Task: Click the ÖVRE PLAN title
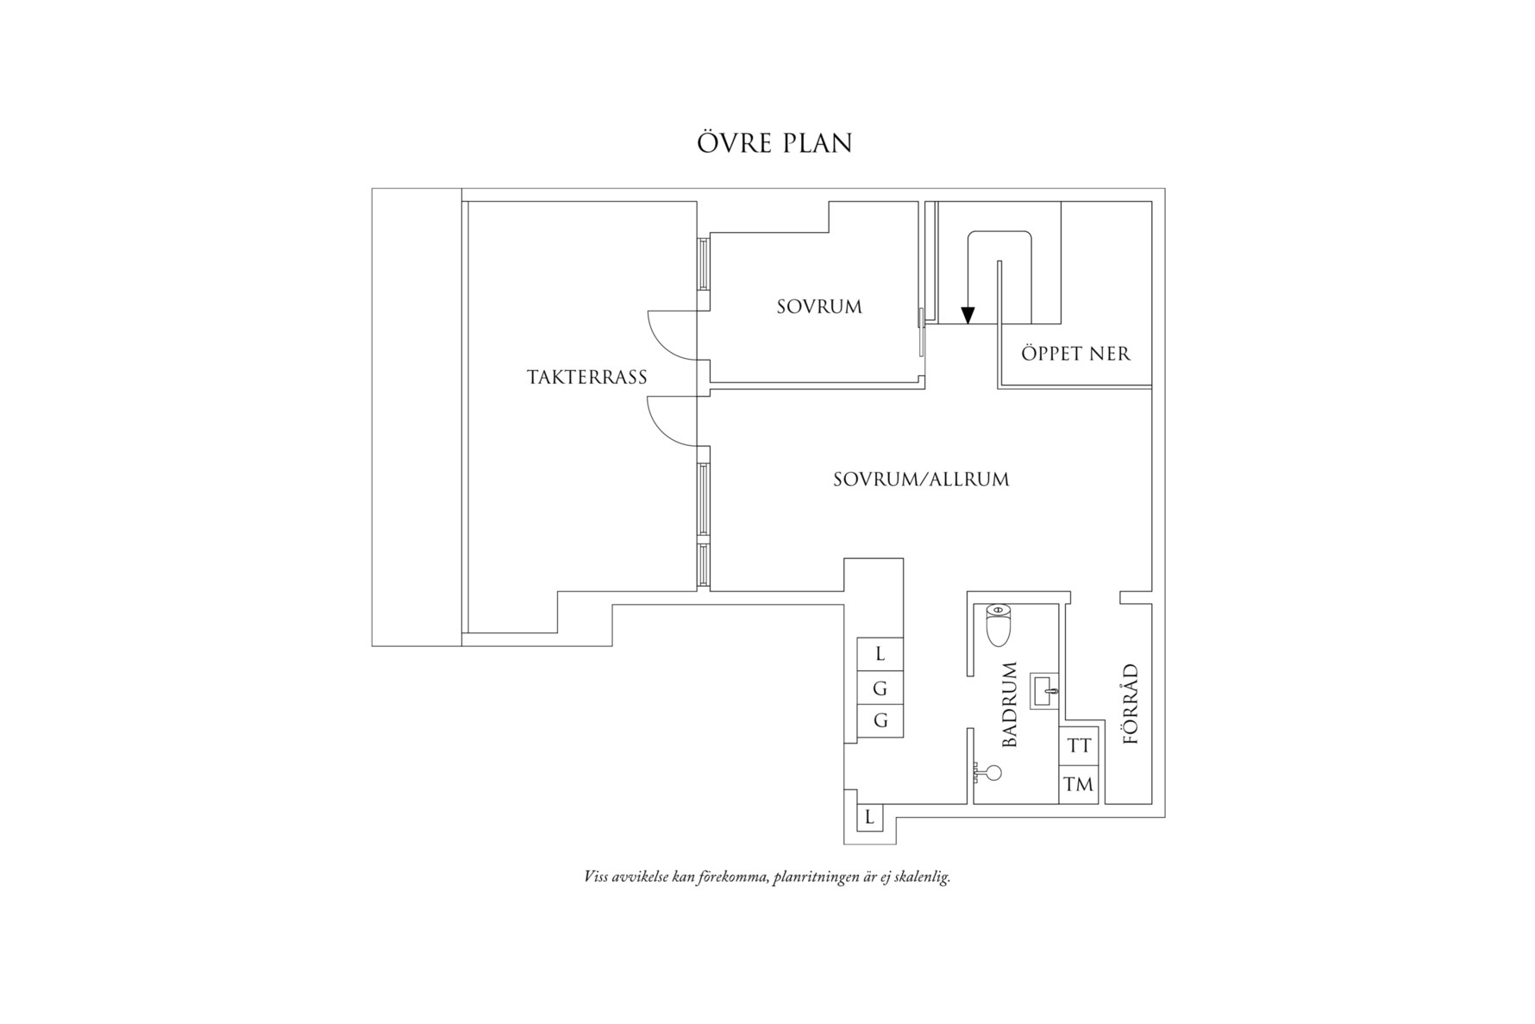click(x=774, y=143)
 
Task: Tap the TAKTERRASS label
click(x=587, y=377)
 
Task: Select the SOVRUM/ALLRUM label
click(x=921, y=480)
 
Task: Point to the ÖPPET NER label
click(x=1075, y=353)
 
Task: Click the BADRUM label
click(x=1010, y=704)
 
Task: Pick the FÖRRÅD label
click(x=1131, y=704)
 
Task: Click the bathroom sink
click(x=1045, y=692)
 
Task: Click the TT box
click(x=1079, y=745)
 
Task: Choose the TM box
click(x=1079, y=784)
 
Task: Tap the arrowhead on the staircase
click(x=968, y=315)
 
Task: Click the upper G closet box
click(x=880, y=688)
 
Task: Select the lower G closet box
click(x=880, y=721)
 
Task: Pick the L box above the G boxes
click(x=880, y=655)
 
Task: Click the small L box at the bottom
click(x=869, y=817)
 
